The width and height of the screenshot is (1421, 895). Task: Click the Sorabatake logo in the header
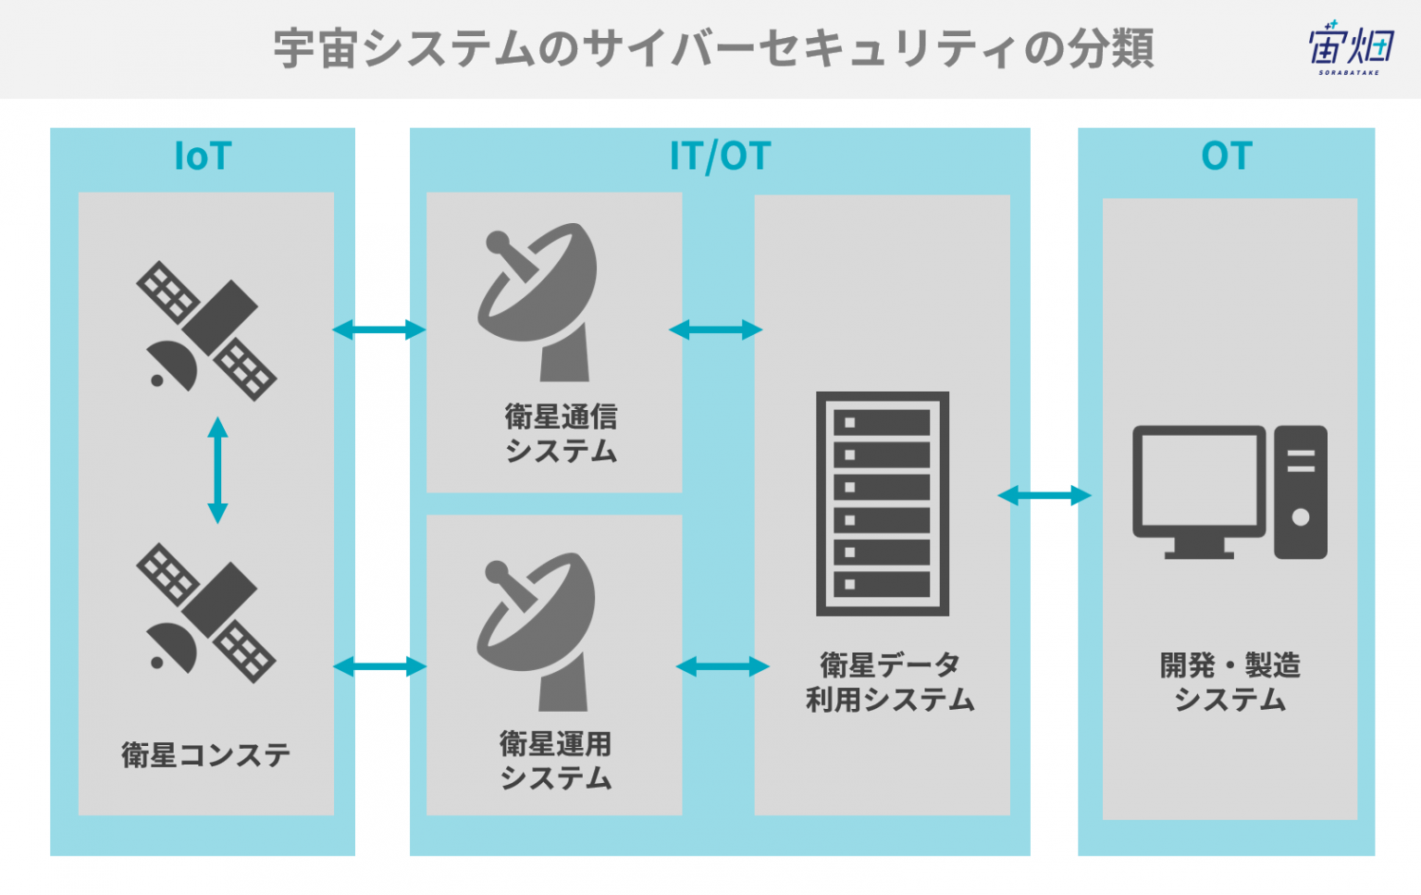(1351, 47)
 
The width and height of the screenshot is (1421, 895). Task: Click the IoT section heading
(203, 155)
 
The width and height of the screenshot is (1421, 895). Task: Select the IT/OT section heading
(720, 156)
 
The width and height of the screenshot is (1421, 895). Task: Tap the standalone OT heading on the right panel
(1226, 155)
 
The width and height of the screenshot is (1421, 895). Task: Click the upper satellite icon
(206, 330)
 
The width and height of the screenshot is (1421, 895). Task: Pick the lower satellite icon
(206, 613)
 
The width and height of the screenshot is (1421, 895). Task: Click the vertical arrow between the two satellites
(217, 470)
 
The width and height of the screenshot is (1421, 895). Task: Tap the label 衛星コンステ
(205, 755)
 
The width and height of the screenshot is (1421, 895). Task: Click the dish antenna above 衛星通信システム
(538, 302)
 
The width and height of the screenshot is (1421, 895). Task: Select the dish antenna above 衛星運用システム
(536, 632)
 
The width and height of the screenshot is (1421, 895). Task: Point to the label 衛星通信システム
(561, 433)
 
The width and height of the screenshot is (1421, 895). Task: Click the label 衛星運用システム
(556, 761)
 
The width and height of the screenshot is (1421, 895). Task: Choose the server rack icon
(883, 503)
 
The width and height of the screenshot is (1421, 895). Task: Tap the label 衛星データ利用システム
(889, 682)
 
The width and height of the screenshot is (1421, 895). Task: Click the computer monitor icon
(1199, 492)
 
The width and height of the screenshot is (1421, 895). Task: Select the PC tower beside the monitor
(1301, 492)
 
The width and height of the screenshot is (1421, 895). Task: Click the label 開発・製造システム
(1230, 682)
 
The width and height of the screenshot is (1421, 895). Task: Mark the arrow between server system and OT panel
(1044, 495)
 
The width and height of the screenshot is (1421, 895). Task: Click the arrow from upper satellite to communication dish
(379, 329)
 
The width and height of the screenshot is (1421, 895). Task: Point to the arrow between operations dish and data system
(723, 666)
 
